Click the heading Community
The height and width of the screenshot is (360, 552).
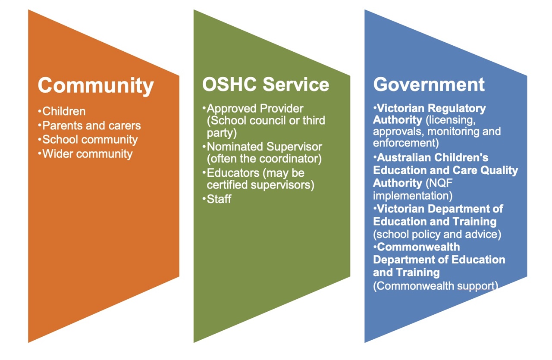tap(96, 86)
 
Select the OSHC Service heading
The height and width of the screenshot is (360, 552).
tap(265, 85)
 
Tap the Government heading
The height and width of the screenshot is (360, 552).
tap(429, 85)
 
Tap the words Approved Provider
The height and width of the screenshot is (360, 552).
tap(255, 109)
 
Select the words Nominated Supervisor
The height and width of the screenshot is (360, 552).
tap(264, 147)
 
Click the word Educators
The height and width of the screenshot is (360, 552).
tap(233, 173)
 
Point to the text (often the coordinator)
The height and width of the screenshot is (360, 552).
tap(264, 159)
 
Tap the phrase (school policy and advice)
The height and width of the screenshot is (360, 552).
tap(437, 235)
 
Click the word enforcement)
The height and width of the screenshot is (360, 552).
tap(406, 143)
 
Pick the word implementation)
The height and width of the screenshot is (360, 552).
tap(413, 196)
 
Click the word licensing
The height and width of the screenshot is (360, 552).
tap(451, 120)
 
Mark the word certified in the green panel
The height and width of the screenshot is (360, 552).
tap(227, 185)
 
